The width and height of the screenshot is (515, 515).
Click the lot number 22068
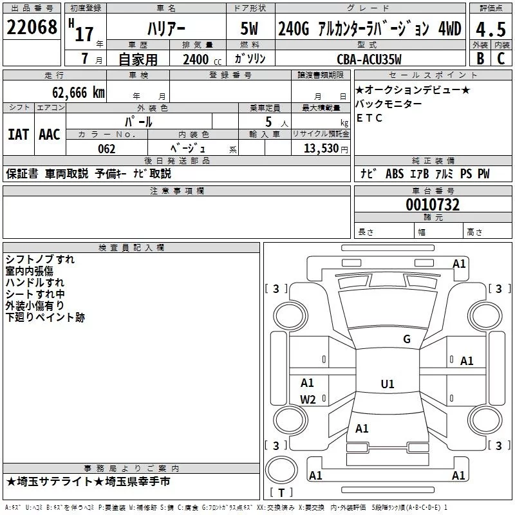pyautogui.click(x=32, y=28)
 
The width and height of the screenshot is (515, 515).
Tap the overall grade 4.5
pyautogui.click(x=489, y=29)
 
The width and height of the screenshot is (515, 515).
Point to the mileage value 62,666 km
pyautogui.click(x=72, y=93)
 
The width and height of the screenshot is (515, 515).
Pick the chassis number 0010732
pyautogui.click(x=433, y=205)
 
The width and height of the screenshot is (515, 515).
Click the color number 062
pyautogui.click(x=106, y=149)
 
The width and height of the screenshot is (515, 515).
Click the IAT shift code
pyautogui.click(x=18, y=135)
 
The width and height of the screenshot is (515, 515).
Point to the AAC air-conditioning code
pyautogui.click(x=50, y=135)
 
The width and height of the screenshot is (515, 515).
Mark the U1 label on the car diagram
pyautogui.click(x=387, y=384)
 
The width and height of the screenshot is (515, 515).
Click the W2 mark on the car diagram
pyautogui.click(x=308, y=399)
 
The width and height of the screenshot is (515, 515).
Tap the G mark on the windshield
pyautogui.click(x=406, y=339)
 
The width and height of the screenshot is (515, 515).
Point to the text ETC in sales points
pyautogui.click(x=370, y=118)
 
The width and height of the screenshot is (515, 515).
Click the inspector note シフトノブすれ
pyautogui.click(x=40, y=259)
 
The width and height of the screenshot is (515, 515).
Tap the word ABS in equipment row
pyautogui.click(x=395, y=174)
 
